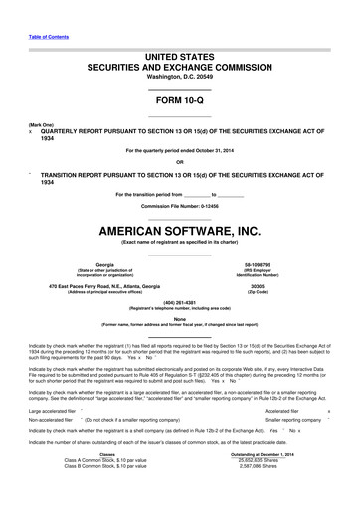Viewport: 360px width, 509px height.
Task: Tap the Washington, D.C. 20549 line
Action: [179, 76]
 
